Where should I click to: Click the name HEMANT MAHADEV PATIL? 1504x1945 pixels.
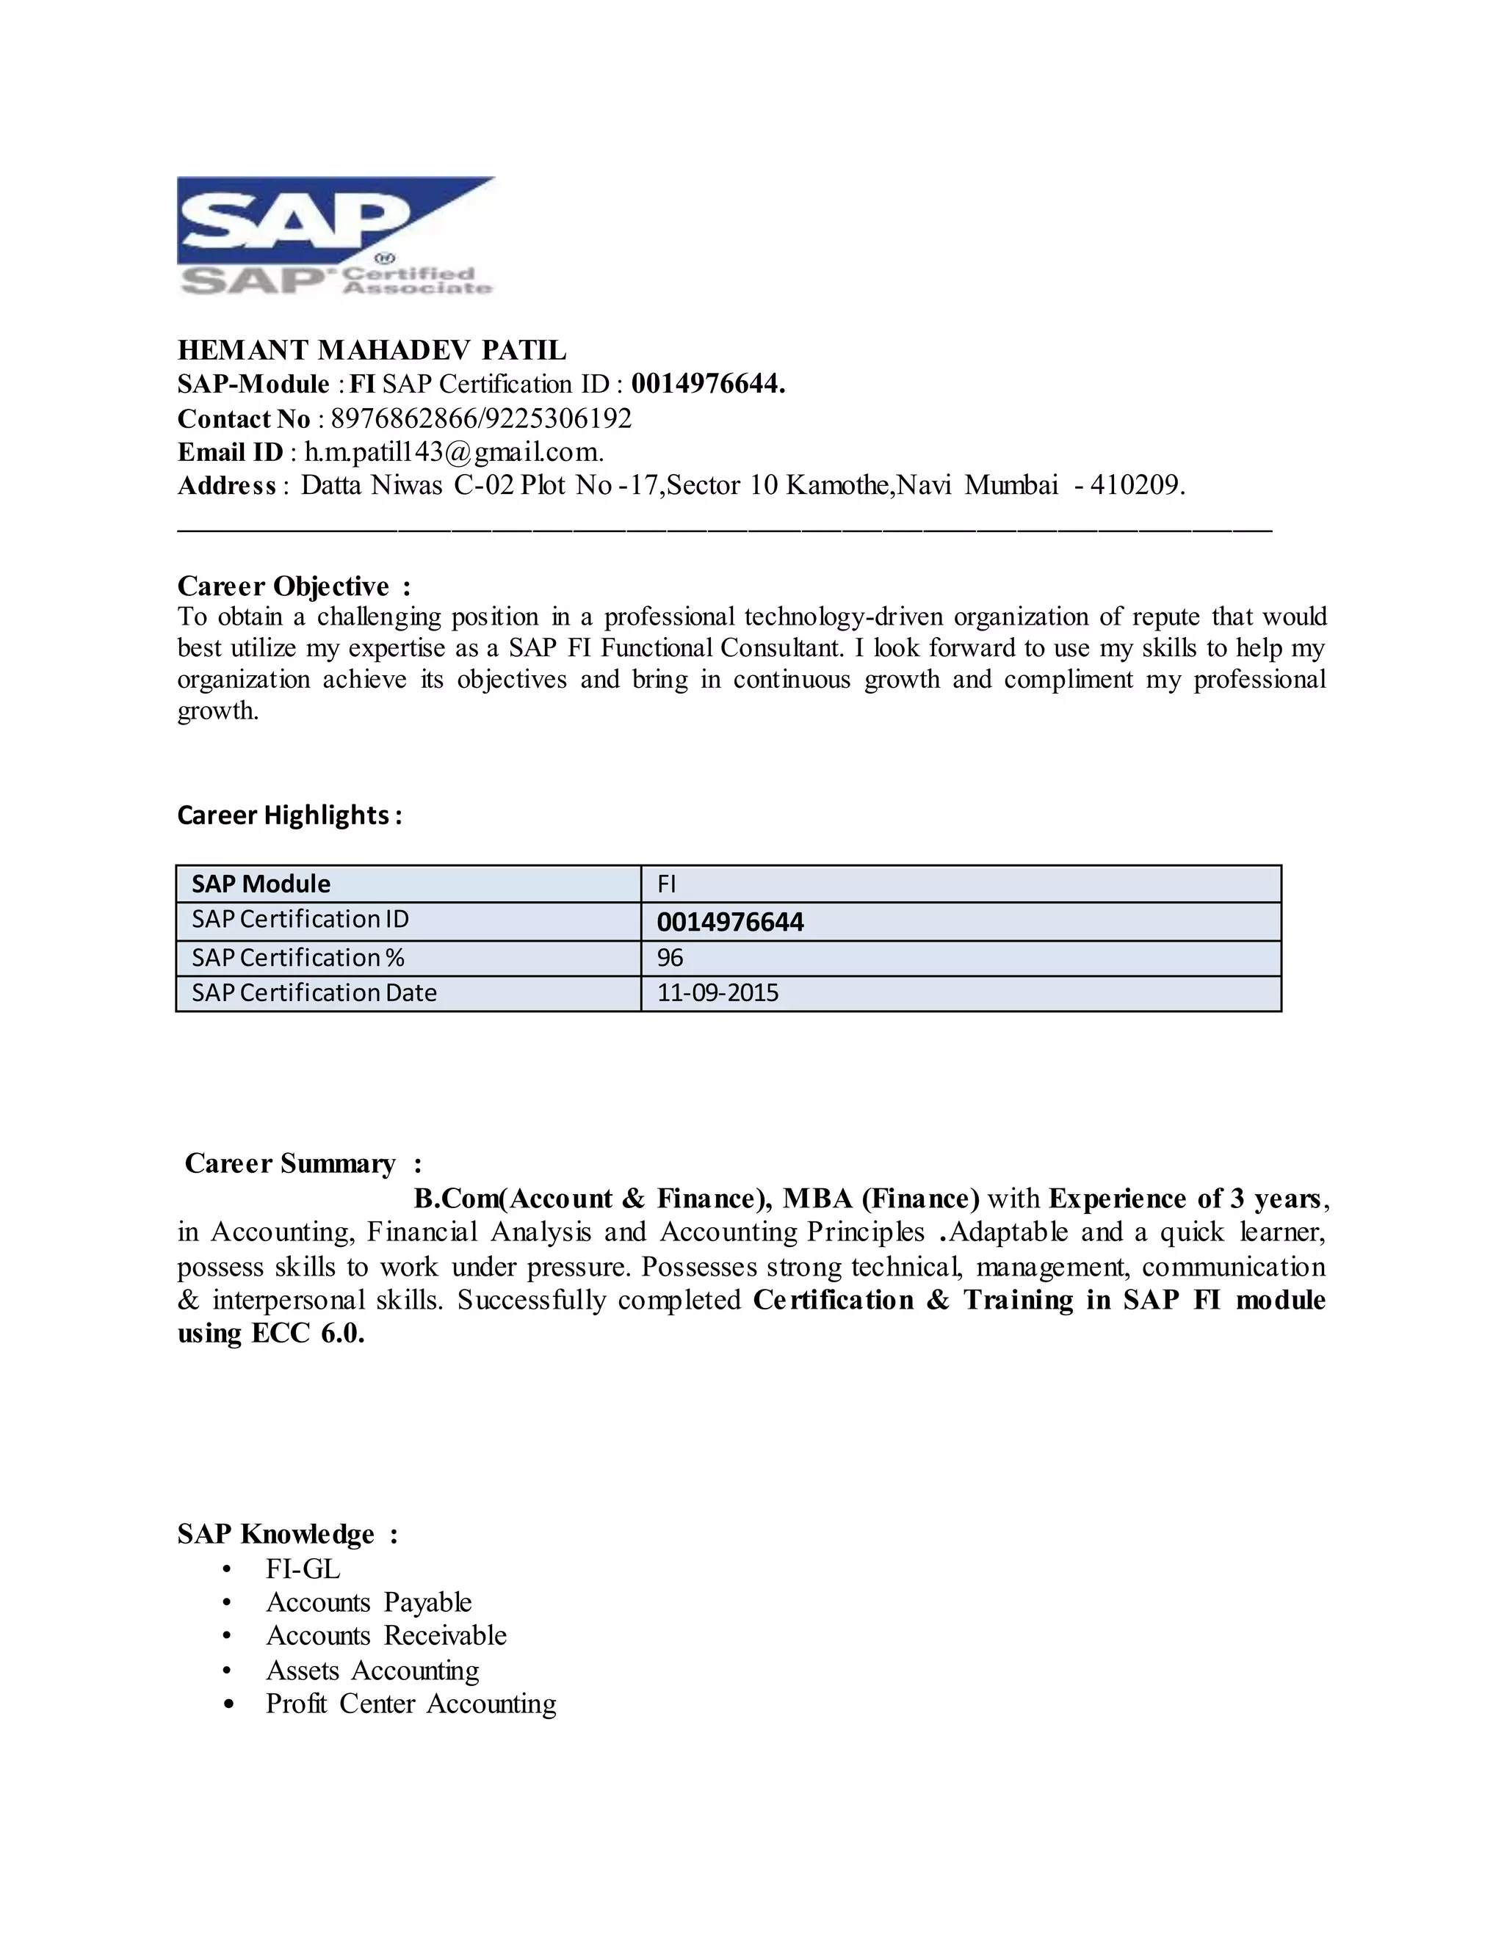tap(372, 350)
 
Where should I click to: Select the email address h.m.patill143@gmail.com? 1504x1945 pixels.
tap(454, 452)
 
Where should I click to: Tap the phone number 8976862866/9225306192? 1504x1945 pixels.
tap(481, 418)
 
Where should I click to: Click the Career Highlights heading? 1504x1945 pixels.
tap(289, 815)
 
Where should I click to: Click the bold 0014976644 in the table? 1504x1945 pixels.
tap(730, 922)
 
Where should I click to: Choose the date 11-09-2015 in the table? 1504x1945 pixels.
tap(717, 993)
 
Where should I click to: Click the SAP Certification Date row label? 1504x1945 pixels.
tap(314, 993)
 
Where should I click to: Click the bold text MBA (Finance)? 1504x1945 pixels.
tap(881, 1199)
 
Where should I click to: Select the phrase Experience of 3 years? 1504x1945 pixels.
tap(1185, 1199)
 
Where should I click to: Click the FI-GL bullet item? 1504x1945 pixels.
tap(303, 1569)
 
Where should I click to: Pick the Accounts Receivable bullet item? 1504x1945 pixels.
tap(386, 1636)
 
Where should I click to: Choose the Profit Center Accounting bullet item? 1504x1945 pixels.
tap(411, 1704)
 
